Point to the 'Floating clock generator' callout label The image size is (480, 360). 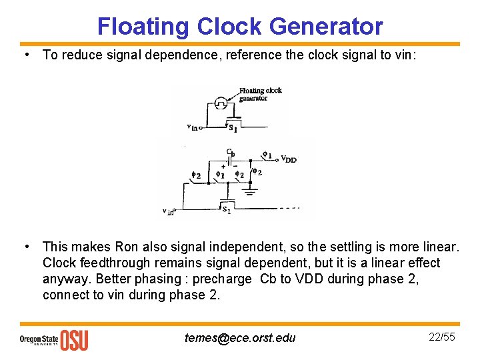click(x=259, y=95)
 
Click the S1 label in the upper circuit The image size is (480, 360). click(x=233, y=128)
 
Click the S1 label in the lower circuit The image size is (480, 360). click(x=227, y=209)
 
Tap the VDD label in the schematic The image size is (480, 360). click(x=288, y=159)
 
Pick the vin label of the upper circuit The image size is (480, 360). click(x=191, y=127)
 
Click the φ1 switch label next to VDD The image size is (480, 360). click(x=267, y=155)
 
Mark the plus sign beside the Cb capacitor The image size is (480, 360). click(x=223, y=166)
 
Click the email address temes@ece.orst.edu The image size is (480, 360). click(x=240, y=338)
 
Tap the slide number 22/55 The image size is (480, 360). click(x=441, y=337)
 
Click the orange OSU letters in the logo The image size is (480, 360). click(x=74, y=340)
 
